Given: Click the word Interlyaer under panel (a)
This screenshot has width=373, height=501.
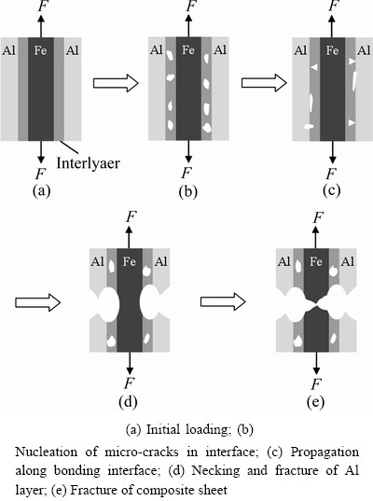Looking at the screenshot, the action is (89, 163).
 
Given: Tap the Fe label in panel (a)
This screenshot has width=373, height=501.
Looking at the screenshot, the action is (40, 50).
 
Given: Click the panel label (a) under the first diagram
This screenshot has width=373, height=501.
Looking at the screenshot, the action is (42, 190).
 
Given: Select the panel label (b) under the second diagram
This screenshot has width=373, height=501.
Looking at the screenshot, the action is (188, 191).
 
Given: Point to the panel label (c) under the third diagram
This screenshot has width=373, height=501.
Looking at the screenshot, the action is (331, 190).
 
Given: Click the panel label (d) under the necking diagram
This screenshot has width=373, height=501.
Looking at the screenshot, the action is (128, 401).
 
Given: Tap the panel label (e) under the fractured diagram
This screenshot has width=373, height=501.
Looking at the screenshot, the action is (315, 401).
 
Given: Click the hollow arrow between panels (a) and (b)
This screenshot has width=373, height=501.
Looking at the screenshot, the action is (116, 83).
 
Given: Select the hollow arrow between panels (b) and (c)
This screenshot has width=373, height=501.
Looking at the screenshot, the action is (264, 83).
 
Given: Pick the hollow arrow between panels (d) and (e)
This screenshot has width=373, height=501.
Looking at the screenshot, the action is (223, 301).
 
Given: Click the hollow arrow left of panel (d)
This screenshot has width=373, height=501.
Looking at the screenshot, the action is (37, 302).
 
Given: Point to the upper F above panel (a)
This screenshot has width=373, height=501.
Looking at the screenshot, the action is (43, 6).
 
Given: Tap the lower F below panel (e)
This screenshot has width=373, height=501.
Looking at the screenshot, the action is (315, 383).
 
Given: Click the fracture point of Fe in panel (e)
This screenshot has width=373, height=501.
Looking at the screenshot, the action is (316, 304).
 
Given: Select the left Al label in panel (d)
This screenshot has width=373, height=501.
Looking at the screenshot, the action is (97, 261).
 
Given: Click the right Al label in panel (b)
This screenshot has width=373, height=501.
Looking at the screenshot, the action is (220, 50).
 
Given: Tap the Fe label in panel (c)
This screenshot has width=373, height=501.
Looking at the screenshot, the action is (332, 50).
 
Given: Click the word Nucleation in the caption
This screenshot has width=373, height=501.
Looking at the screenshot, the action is (47, 452).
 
